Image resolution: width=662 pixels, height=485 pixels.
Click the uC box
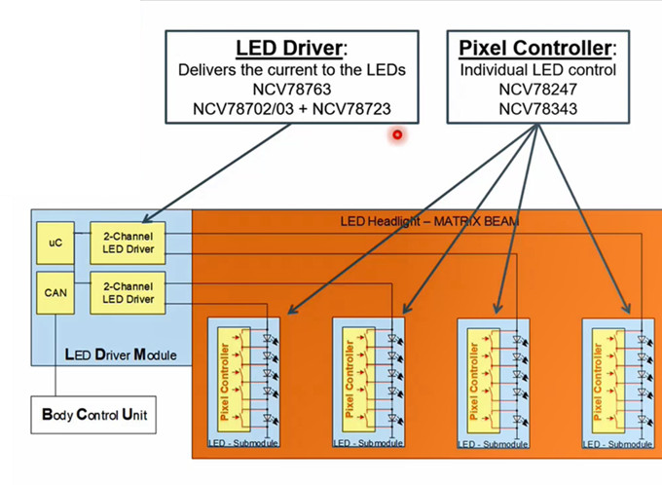pos(55,242)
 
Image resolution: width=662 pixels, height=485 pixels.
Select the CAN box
pos(55,290)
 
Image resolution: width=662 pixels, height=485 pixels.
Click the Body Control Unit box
pos(95,415)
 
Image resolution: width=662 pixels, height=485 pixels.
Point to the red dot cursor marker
pos(397,134)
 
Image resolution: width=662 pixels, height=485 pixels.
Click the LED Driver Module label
pos(120,354)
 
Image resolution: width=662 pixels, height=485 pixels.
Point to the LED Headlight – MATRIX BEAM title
pos(429,222)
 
